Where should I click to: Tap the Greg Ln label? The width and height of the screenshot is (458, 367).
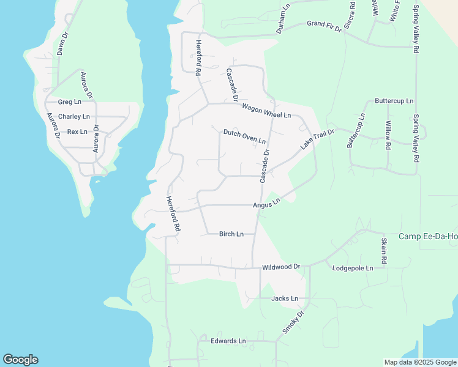point(69,102)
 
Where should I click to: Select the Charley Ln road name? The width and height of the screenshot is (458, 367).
point(73,117)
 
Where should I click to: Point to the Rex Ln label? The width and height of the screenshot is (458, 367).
point(77,132)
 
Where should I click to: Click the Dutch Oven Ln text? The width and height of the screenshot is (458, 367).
point(244,136)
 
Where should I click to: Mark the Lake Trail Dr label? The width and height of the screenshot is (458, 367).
point(317,139)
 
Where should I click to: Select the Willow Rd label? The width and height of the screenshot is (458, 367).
point(388,135)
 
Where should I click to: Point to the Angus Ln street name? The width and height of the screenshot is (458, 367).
point(266,202)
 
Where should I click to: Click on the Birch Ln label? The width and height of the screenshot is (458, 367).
point(231,234)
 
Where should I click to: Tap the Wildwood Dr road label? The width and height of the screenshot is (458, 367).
point(281,267)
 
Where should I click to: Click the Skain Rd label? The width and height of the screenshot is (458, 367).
point(384,251)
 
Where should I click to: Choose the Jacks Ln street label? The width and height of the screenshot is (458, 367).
point(285,298)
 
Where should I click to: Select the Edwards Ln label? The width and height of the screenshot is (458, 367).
point(228,341)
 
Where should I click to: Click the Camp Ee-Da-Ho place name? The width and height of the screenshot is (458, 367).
point(428,237)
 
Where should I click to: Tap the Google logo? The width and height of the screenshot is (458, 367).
point(20,360)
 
